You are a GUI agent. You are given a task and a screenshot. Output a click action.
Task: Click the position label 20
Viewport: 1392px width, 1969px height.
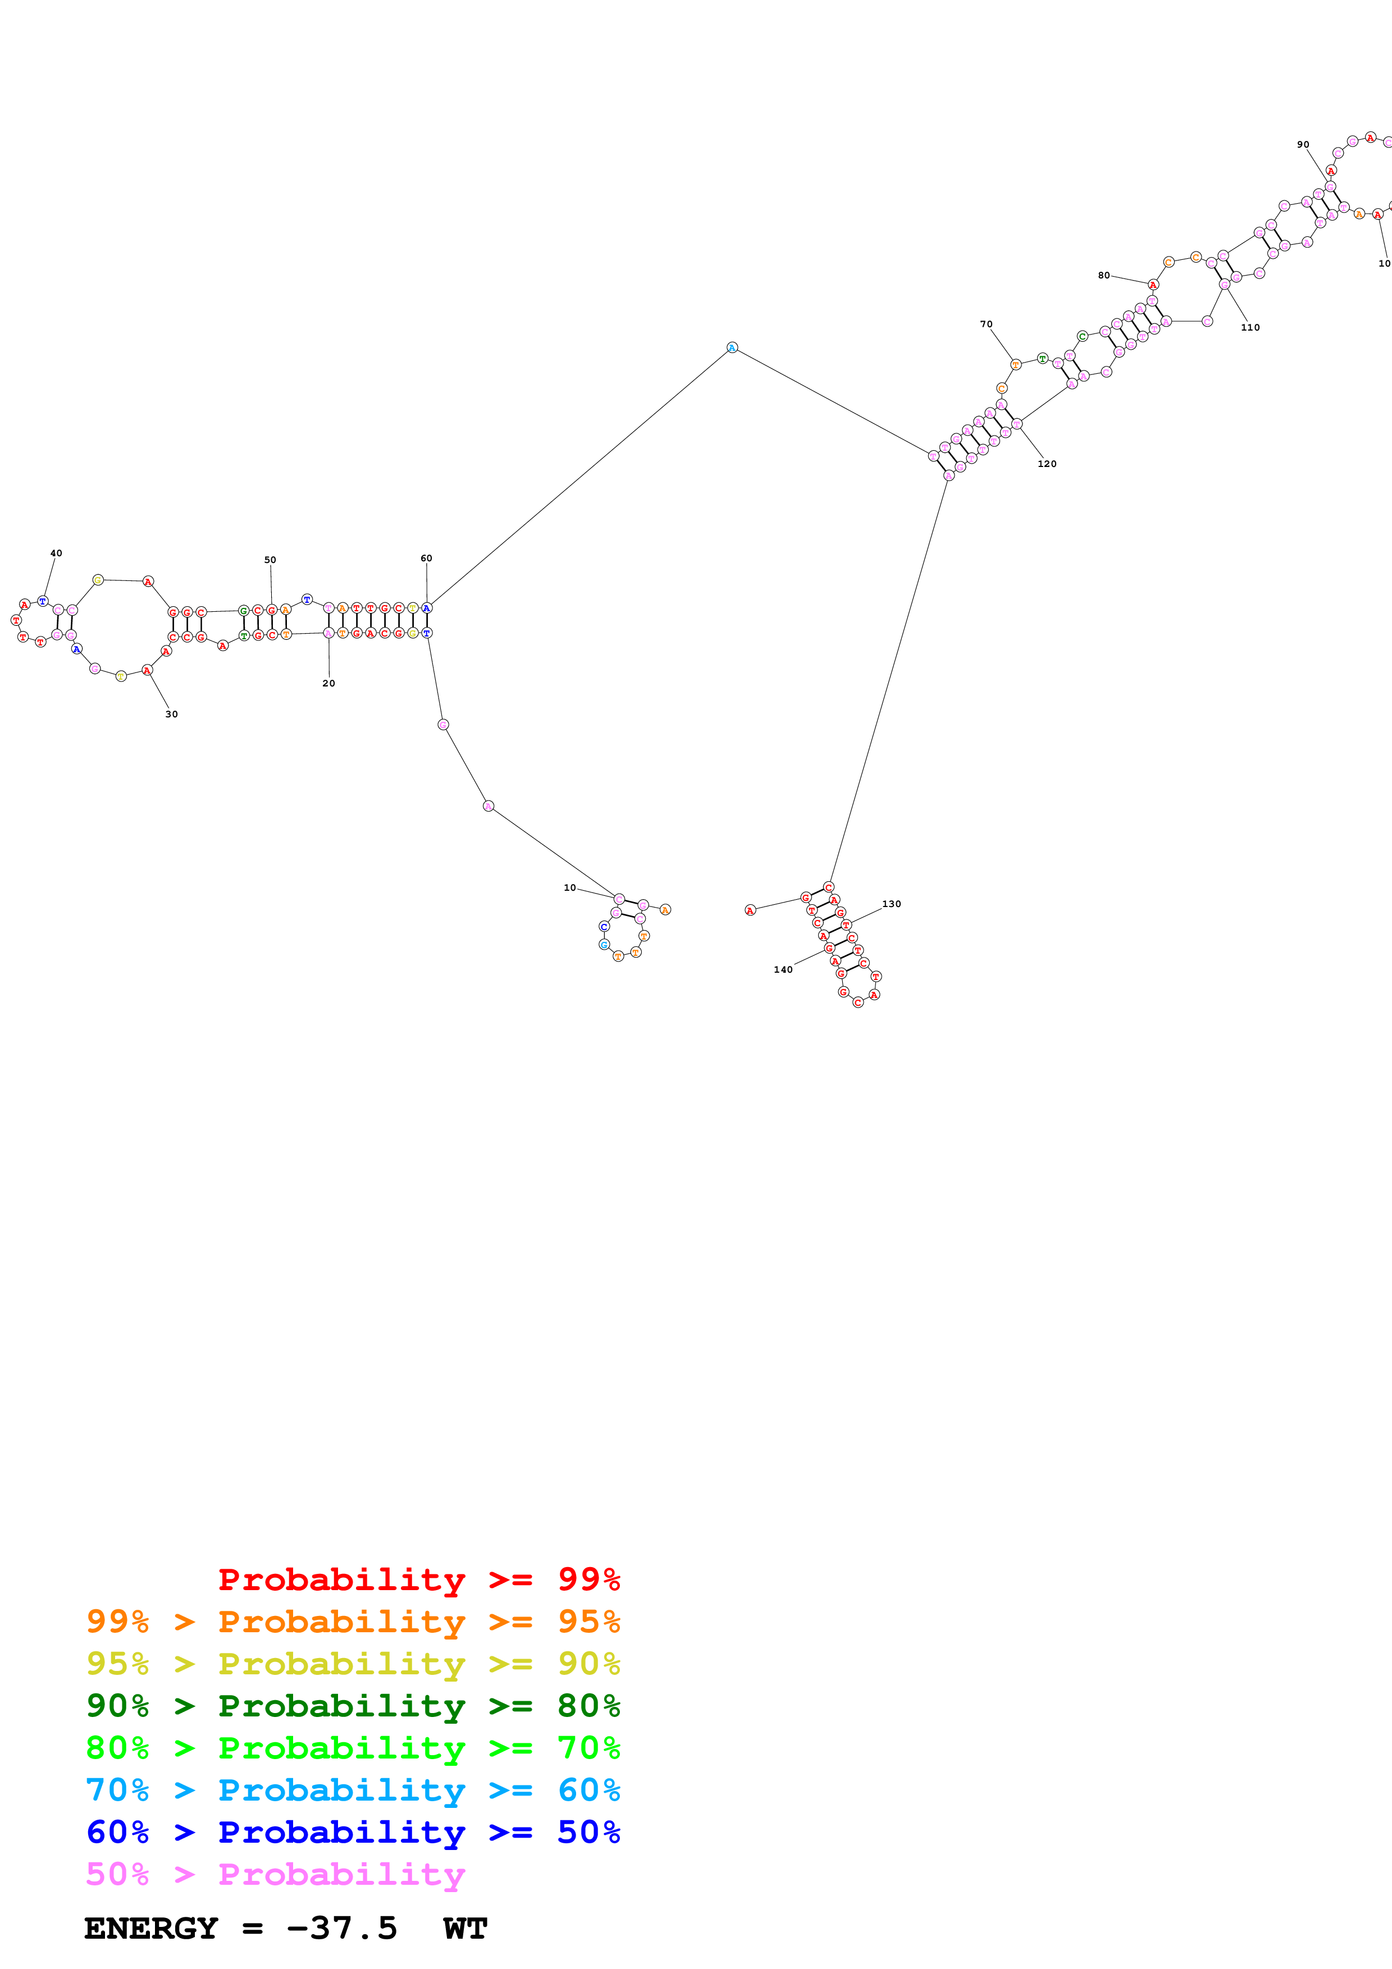[x=328, y=684]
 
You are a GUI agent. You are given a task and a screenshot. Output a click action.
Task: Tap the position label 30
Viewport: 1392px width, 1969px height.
[x=171, y=715]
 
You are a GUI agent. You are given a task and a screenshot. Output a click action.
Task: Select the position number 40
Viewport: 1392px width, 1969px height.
[x=56, y=553]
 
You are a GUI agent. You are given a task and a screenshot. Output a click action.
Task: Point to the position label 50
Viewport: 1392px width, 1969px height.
[x=270, y=560]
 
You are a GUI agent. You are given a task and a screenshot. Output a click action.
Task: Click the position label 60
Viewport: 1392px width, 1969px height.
[x=426, y=558]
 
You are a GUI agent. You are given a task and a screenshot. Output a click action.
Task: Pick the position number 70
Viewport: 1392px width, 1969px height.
[x=987, y=324]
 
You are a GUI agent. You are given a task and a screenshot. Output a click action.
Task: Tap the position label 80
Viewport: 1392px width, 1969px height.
[x=1104, y=275]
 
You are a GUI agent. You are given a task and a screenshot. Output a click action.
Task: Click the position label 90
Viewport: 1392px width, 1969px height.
[x=1303, y=144]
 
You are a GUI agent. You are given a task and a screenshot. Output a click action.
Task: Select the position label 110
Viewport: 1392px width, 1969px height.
[x=1250, y=328]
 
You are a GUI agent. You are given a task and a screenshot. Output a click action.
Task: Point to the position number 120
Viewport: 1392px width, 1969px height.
[x=1047, y=464]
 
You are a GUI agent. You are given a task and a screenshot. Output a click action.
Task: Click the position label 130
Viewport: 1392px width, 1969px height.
[x=892, y=904]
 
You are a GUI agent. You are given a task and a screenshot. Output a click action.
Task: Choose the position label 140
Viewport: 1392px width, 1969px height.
[x=783, y=970]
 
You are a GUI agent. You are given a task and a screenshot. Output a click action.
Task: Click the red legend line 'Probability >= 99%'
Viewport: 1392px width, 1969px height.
[x=418, y=1579]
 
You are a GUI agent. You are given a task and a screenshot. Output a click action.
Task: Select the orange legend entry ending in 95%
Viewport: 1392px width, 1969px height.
[x=353, y=1622]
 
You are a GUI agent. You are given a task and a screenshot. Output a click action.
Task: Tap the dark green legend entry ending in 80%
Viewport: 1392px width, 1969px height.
[x=353, y=1706]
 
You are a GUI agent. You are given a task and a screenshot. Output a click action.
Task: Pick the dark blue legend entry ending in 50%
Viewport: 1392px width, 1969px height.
[x=353, y=1832]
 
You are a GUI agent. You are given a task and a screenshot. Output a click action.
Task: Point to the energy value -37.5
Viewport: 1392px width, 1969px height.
[x=341, y=1929]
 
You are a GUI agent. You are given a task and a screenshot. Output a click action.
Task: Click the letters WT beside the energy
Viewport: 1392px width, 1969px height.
[x=465, y=1929]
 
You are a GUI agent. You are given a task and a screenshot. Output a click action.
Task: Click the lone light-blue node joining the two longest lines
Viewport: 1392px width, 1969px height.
[x=732, y=347]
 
